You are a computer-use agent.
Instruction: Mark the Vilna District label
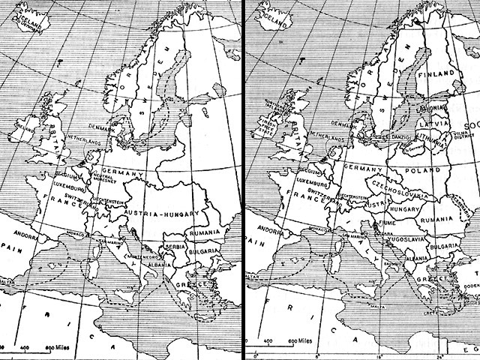pos(450,137)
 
